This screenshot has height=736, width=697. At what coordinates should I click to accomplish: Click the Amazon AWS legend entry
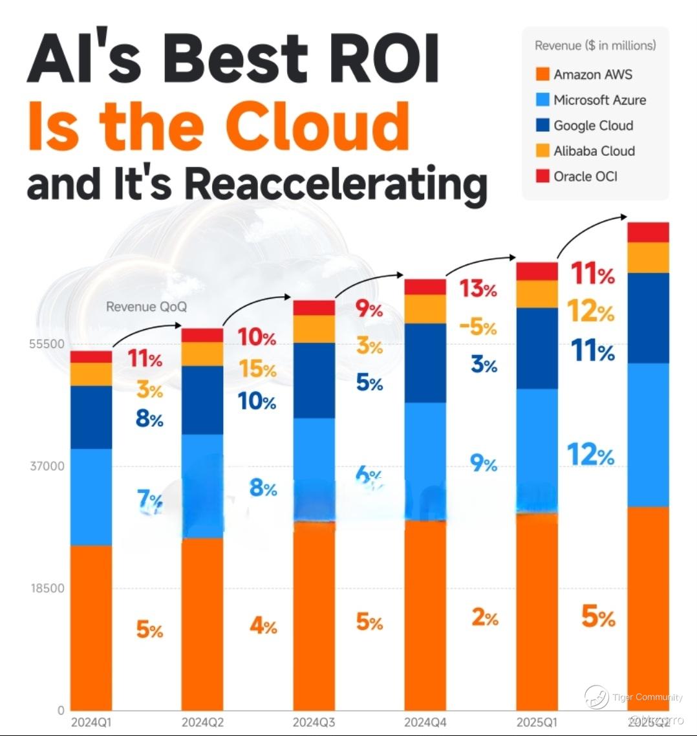pos(592,74)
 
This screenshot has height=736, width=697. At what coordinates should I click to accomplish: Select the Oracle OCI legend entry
pos(585,176)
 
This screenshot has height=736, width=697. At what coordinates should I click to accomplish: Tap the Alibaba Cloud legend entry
pos(594,151)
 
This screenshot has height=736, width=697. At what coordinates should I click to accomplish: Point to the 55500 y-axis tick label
pos(47,344)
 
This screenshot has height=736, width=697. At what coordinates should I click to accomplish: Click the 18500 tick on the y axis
pos(47,589)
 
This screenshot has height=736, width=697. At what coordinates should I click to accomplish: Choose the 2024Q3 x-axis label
pos(314,722)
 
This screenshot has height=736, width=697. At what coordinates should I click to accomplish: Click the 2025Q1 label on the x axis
pos(537,722)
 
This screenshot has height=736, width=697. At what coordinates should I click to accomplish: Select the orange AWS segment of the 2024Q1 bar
pos(91,627)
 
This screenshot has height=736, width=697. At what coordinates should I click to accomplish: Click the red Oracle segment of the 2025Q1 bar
pos(537,271)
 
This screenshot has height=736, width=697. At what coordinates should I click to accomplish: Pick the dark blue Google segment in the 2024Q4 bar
pos(425,363)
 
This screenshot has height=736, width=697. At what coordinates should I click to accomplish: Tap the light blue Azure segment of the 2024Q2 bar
pos(202,485)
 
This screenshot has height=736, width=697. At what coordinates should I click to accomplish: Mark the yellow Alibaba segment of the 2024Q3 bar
pos(314,329)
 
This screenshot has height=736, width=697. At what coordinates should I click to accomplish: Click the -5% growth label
pos(478,327)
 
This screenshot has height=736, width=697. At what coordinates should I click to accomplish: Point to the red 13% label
pos(478,288)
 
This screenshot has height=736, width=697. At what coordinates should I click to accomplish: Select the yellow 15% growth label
pos(257,369)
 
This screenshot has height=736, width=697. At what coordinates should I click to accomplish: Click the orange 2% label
pos(485,618)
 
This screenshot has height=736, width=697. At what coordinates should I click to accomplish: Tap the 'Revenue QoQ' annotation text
pos(146,307)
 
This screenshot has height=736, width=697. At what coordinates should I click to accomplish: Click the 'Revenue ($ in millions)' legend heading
pos(595,45)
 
